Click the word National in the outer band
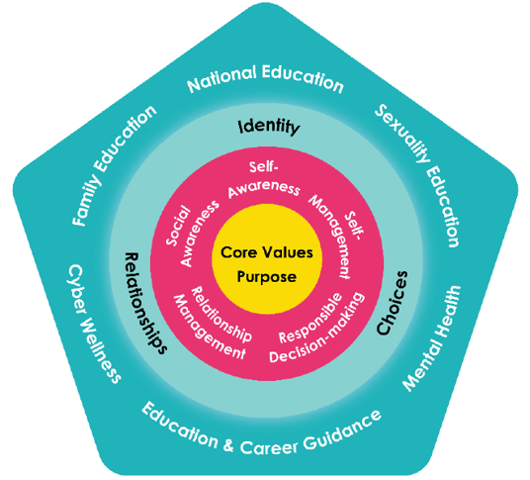tap(221, 79)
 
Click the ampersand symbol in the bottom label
tap(228, 444)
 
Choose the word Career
tap(269, 447)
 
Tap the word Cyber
tap(76, 289)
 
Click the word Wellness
tap(101, 350)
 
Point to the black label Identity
tap(269, 127)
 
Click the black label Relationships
tap(145, 303)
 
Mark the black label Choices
tap(393, 303)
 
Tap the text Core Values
tap(267, 252)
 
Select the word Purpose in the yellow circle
tap(267, 277)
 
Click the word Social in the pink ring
tap(178, 226)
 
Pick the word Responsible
tap(310, 318)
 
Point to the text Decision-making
tap(317, 329)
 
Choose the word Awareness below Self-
tap(264, 189)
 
